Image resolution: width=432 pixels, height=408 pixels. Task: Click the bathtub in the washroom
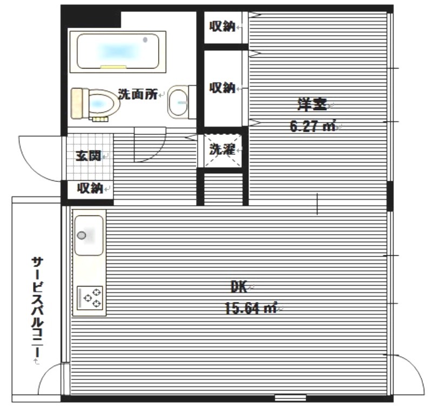coord(118,52)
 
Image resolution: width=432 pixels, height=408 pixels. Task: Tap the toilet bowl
coord(96,104)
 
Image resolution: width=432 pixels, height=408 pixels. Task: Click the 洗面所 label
coord(138,94)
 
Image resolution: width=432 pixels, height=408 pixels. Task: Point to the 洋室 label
coord(312,104)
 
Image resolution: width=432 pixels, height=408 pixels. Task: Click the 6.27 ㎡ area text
coord(313,126)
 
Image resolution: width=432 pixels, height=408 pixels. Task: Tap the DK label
coord(239,287)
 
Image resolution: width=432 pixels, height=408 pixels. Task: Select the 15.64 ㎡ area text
coord(251,308)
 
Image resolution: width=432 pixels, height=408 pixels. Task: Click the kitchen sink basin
coord(89,235)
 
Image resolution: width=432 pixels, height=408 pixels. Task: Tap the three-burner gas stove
coord(90,298)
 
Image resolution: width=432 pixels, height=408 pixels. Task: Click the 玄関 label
coord(88,156)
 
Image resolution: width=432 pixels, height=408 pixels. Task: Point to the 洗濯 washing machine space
coord(222,151)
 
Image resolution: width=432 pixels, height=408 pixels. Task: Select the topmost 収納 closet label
coord(222,26)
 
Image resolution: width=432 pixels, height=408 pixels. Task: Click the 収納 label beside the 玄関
coord(90,188)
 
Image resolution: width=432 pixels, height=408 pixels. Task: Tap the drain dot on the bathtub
coord(145,40)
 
